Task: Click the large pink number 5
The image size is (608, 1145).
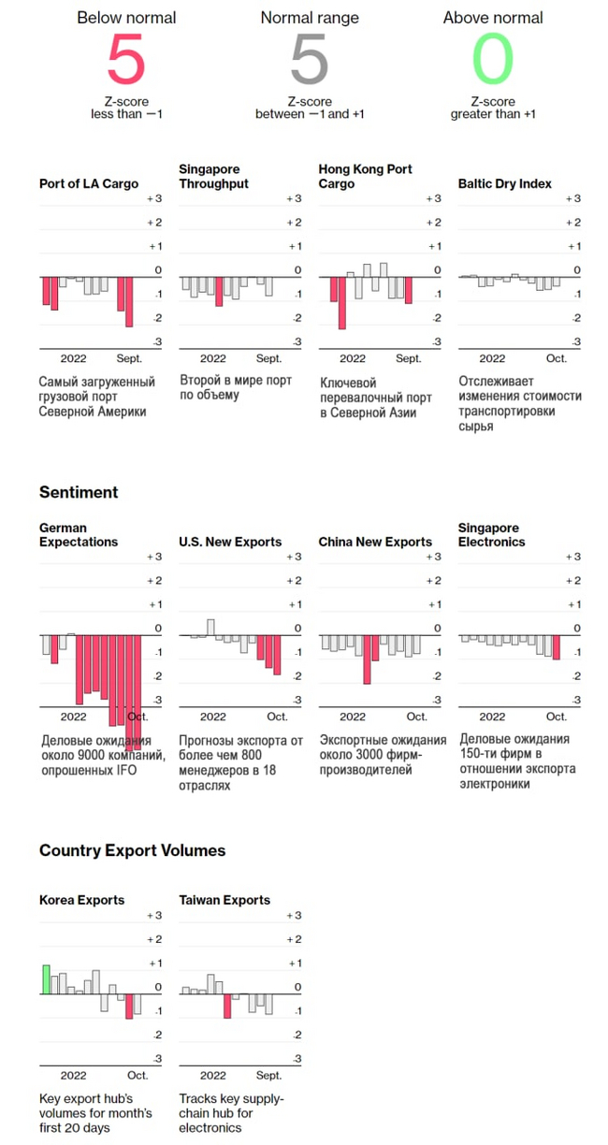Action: point(126,59)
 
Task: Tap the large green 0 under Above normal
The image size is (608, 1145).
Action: point(493,59)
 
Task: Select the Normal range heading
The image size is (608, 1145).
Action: point(311,18)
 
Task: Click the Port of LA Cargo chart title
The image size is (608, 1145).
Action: point(89,184)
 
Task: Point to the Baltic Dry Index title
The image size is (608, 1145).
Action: point(505,184)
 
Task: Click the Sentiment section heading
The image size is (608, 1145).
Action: point(79,492)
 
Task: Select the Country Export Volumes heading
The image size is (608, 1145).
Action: point(132,850)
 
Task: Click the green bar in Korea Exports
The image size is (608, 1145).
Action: point(46,979)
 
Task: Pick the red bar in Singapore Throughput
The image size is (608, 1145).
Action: point(219,292)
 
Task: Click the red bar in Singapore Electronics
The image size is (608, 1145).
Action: point(557,647)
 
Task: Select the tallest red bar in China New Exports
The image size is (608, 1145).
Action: point(367,659)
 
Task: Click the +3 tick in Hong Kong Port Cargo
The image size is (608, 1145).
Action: point(433,198)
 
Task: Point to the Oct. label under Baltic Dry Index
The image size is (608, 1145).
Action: point(557,358)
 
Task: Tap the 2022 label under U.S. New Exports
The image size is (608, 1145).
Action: point(213,717)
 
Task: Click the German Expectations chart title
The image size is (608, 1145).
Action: point(79,535)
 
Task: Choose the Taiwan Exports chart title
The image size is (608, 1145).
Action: point(224,900)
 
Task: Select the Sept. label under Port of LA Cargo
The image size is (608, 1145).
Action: point(129,358)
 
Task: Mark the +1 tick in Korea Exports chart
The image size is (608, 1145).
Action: point(154,963)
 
